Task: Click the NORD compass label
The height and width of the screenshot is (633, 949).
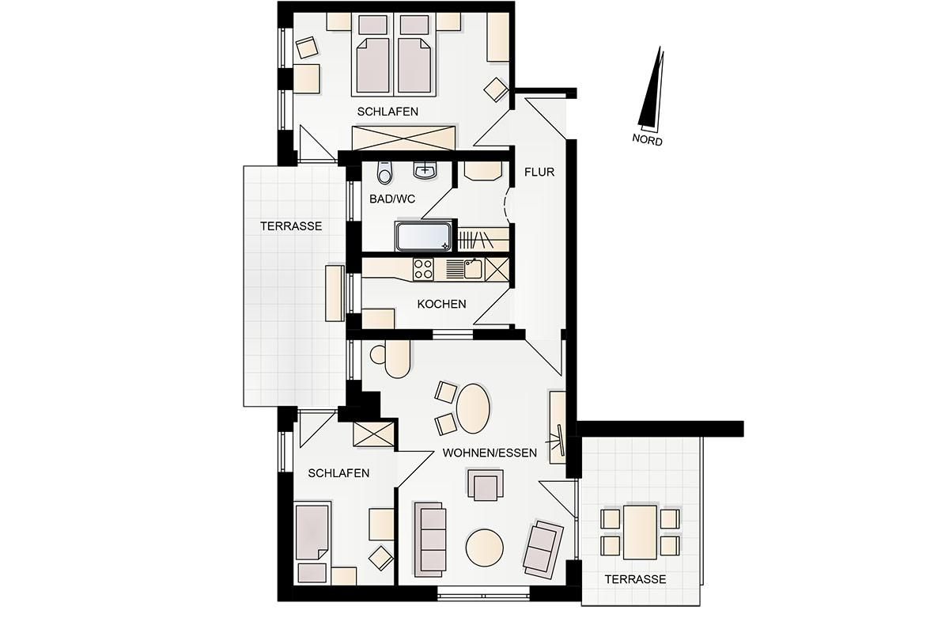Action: pyautogui.click(x=647, y=139)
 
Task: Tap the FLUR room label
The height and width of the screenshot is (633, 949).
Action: pyautogui.click(x=539, y=172)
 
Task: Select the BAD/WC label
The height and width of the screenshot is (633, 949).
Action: pyautogui.click(x=392, y=199)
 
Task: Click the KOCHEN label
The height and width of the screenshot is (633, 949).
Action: pyautogui.click(x=441, y=304)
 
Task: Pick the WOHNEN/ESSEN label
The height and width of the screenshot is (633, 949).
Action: pyautogui.click(x=490, y=453)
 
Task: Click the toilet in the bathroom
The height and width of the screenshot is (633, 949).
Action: pyautogui.click(x=384, y=172)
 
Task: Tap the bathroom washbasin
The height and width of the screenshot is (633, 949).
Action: pyautogui.click(x=425, y=170)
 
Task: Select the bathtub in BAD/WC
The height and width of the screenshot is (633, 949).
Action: pyautogui.click(x=424, y=236)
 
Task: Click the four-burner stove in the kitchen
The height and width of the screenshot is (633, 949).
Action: pyautogui.click(x=423, y=269)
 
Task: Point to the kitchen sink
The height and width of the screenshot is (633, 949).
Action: pyautogui.click(x=473, y=269)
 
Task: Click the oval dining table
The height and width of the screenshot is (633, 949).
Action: pyautogui.click(x=473, y=408)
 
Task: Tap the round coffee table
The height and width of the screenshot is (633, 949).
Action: pyautogui.click(x=484, y=548)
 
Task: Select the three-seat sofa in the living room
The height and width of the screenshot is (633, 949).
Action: pyautogui.click(x=430, y=540)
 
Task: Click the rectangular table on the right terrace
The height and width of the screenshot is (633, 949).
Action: pyautogui.click(x=640, y=532)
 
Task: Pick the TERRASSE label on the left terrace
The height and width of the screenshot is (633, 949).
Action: pyautogui.click(x=291, y=226)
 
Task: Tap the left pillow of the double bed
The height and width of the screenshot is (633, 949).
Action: pyautogui.click(x=372, y=25)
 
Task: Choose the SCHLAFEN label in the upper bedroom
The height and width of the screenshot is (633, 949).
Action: pyautogui.click(x=388, y=112)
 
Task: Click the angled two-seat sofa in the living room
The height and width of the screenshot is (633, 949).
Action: pyautogui.click(x=543, y=549)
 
